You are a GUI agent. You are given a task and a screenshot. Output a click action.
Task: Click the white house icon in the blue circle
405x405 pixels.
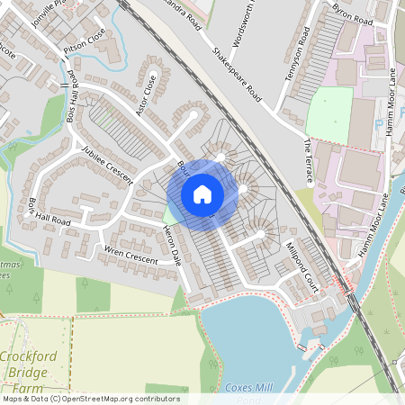(x=202, y=193)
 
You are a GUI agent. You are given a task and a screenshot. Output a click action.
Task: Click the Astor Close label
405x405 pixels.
(x=143, y=86)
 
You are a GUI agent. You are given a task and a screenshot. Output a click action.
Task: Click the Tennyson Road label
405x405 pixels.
(x=296, y=55)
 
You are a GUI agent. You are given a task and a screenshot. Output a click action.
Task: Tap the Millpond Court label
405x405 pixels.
(x=300, y=260)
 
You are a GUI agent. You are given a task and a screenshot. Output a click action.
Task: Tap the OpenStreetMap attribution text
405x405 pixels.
(x=90, y=399)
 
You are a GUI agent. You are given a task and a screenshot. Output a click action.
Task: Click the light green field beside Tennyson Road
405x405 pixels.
(x=328, y=115)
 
